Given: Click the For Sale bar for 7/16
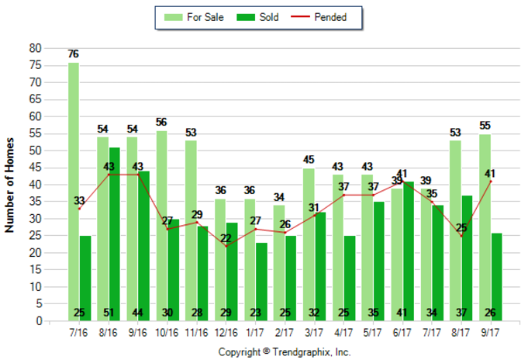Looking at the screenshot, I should point(73,191).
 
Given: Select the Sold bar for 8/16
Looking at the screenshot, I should point(115,234).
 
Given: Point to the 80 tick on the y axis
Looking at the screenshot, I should point(35,48).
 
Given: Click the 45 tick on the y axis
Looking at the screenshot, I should point(35,168).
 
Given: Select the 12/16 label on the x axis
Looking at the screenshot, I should point(226,331).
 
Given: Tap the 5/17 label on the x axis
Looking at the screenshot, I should point(373,331).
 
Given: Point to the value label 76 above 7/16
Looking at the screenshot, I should point(73,54).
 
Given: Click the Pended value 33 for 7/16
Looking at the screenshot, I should point(79,201).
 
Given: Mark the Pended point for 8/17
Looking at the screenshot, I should point(461,236).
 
